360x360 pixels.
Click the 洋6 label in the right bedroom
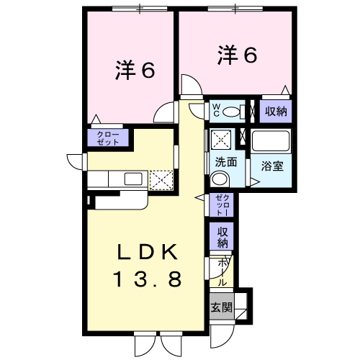pos(234,56)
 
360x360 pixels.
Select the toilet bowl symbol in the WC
pos(233,112)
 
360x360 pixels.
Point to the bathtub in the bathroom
pos(271,140)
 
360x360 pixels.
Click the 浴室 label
pos(271,164)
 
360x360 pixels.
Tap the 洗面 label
pos(225,162)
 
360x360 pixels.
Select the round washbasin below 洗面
pos(222,180)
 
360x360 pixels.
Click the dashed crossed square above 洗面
pos(220,138)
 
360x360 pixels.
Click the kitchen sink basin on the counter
pos(133,179)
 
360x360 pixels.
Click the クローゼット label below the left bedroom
pos(109,138)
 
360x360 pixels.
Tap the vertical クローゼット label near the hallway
pos(220,206)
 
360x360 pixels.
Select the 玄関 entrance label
pos(221,307)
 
